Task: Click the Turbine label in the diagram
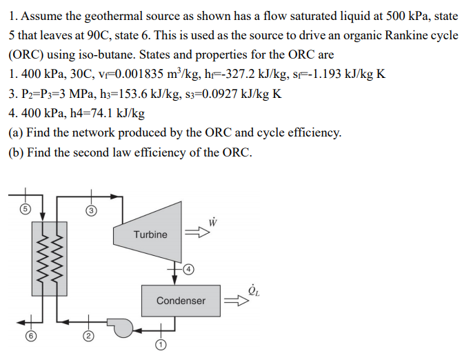click(150, 234)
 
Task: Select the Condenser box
click(181, 301)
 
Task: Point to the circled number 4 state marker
click(187, 270)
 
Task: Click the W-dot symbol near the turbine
click(214, 221)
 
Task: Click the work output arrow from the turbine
click(199, 234)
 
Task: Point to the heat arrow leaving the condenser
click(235, 301)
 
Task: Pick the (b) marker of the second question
click(17, 152)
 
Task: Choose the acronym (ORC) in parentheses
click(27, 54)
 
